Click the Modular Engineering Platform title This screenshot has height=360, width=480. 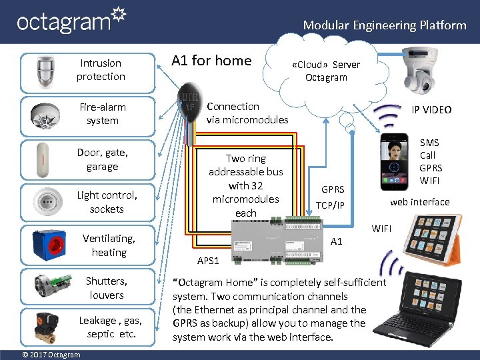(385, 25)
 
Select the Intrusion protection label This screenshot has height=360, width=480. (101, 70)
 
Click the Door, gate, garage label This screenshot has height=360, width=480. (103, 159)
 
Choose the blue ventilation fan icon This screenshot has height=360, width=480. (51, 245)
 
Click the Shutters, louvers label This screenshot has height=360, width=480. (107, 288)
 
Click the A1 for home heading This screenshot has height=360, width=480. (211, 61)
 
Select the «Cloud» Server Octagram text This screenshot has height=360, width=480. (326, 71)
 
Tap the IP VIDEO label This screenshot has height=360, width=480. (431, 110)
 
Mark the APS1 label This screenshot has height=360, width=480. (209, 260)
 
